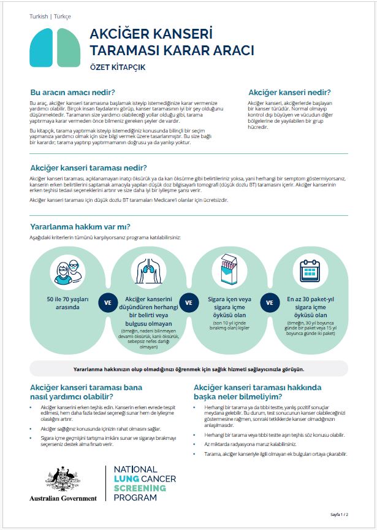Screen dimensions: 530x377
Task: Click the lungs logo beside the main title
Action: [55, 47]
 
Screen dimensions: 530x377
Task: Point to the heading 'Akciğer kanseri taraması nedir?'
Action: [88, 168]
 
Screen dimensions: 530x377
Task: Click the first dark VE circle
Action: [107, 302]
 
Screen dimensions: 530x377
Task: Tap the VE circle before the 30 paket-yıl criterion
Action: [269, 302]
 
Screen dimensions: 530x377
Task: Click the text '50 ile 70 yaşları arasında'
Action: [64, 302]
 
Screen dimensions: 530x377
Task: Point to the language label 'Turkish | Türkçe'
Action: [50, 17]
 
